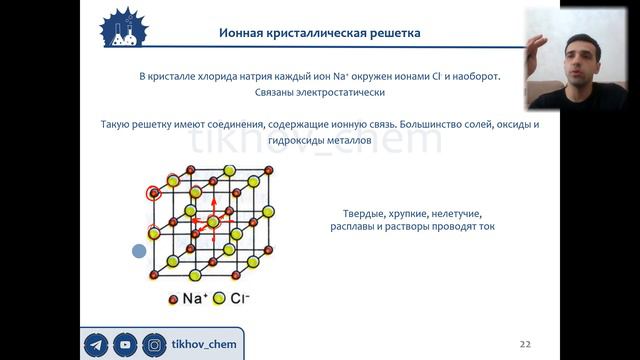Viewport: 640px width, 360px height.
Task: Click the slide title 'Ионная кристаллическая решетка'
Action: click(x=320, y=33)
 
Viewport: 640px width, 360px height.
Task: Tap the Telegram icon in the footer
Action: click(x=97, y=345)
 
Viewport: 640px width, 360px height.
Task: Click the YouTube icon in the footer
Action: click(x=125, y=345)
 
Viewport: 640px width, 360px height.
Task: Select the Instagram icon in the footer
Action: click(x=153, y=345)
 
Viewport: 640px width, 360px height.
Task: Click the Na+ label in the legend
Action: click(x=194, y=298)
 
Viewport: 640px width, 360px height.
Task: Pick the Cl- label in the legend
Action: click(x=240, y=298)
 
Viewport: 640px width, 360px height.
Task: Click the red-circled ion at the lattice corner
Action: click(x=154, y=193)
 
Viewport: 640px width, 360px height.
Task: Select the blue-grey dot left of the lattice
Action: click(x=139, y=251)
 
